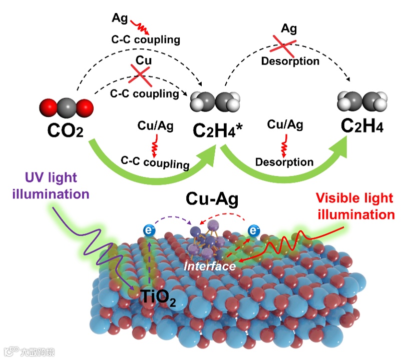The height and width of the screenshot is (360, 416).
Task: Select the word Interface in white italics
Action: [x=209, y=266]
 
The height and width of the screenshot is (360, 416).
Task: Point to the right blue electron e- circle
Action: [x=255, y=231]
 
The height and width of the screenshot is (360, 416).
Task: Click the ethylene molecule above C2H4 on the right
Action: [x=362, y=101]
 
